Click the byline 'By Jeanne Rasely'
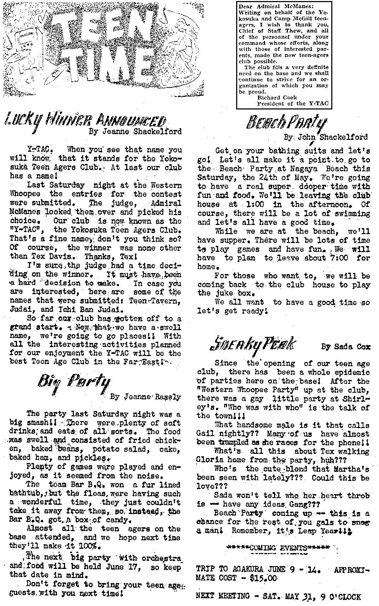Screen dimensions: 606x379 (145, 397)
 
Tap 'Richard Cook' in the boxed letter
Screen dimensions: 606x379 (277, 97)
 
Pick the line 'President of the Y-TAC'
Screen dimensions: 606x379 (293, 103)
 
